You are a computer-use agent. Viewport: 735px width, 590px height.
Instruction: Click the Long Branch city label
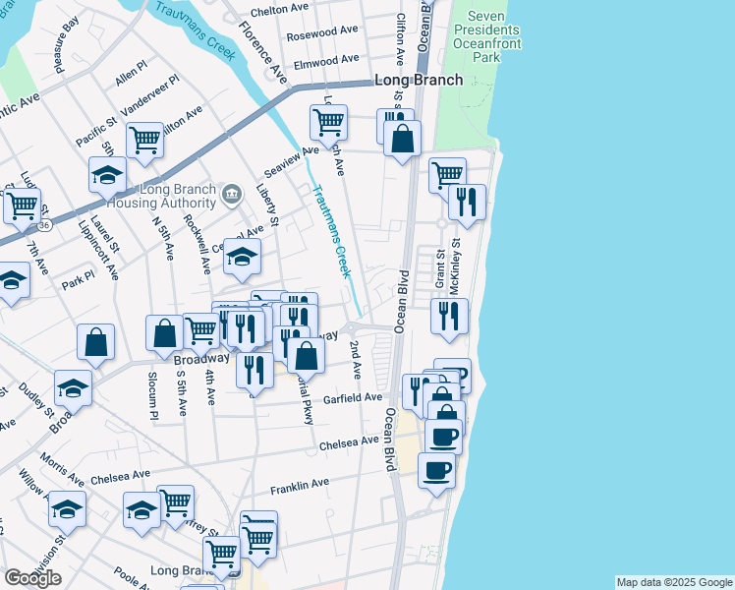coord(419,80)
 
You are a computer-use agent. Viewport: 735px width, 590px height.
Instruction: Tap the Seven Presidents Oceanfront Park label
coord(492,36)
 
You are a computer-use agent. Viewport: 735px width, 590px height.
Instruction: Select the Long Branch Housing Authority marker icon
coord(231,193)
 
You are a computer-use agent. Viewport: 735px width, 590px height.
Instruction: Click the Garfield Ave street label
coord(352,397)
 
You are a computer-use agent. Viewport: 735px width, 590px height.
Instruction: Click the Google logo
coord(32,578)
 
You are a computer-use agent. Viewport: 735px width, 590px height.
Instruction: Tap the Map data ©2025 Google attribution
coord(674,582)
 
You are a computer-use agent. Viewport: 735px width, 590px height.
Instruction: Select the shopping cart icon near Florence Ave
coord(328,123)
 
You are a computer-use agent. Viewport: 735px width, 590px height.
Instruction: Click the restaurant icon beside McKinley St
coord(467,202)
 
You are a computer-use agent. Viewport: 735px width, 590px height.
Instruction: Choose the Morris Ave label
coord(62,469)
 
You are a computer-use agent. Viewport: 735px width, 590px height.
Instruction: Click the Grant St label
coord(440,271)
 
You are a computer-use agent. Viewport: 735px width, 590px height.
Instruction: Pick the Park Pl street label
coord(76,283)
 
